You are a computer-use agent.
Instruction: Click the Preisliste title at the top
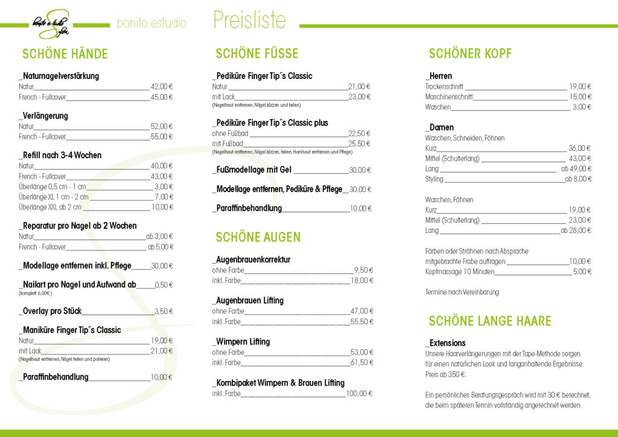pos(249,21)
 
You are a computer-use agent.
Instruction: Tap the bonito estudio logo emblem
pos(51,24)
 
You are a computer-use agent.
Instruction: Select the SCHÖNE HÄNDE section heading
pos(65,54)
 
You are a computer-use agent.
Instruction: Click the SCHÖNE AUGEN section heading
pos(258,237)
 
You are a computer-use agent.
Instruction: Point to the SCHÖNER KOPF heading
pos(470,54)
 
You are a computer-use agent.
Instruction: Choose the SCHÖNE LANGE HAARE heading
pos(489,321)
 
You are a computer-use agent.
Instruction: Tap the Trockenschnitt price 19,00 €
pos(580,86)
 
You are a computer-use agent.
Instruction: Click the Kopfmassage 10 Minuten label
pos(459,272)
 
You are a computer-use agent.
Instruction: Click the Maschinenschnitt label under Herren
pos(449,97)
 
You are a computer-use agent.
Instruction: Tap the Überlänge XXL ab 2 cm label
pos(50,207)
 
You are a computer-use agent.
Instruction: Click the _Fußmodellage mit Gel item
pos(252,170)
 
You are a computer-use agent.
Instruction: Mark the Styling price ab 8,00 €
pos(578,179)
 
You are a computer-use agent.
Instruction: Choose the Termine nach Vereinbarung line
pos(462,292)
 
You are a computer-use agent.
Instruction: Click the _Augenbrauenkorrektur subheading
pos(251,260)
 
